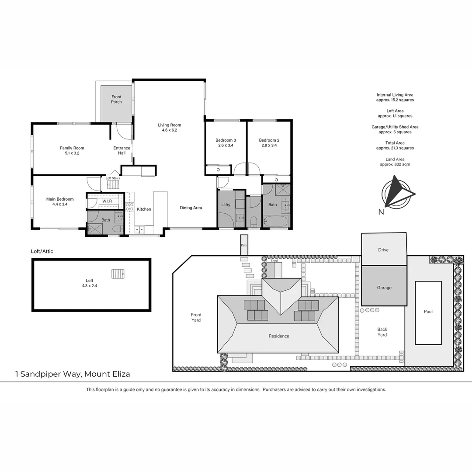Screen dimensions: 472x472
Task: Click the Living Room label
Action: tap(169, 125)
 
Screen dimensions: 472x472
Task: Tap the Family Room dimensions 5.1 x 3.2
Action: tap(72, 153)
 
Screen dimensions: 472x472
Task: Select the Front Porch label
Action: tap(116, 99)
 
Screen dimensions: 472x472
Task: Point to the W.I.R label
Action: tap(108, 201)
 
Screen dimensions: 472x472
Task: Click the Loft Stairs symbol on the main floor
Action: tap(113, 184)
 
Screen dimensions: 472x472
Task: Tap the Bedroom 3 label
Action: tap(226, 140)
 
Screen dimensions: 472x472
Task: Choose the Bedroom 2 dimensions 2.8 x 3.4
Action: tap(269, 146)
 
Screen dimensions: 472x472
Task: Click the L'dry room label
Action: tap(226, 205)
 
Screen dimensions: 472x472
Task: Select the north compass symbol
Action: tap(397, 193)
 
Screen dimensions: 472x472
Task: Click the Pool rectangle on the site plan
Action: tap(428, 312)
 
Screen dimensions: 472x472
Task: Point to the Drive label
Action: tap(383, 250)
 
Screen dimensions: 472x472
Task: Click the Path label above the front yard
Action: tap(244, 246)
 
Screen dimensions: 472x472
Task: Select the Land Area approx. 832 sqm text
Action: tap(395, 162)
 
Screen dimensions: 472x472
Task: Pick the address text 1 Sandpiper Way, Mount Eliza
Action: tap(73, 374)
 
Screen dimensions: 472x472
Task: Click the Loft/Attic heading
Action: tap(42, 252)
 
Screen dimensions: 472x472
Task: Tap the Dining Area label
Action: tap(191, 208)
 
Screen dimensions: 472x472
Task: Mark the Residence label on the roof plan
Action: tap(279, 336)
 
